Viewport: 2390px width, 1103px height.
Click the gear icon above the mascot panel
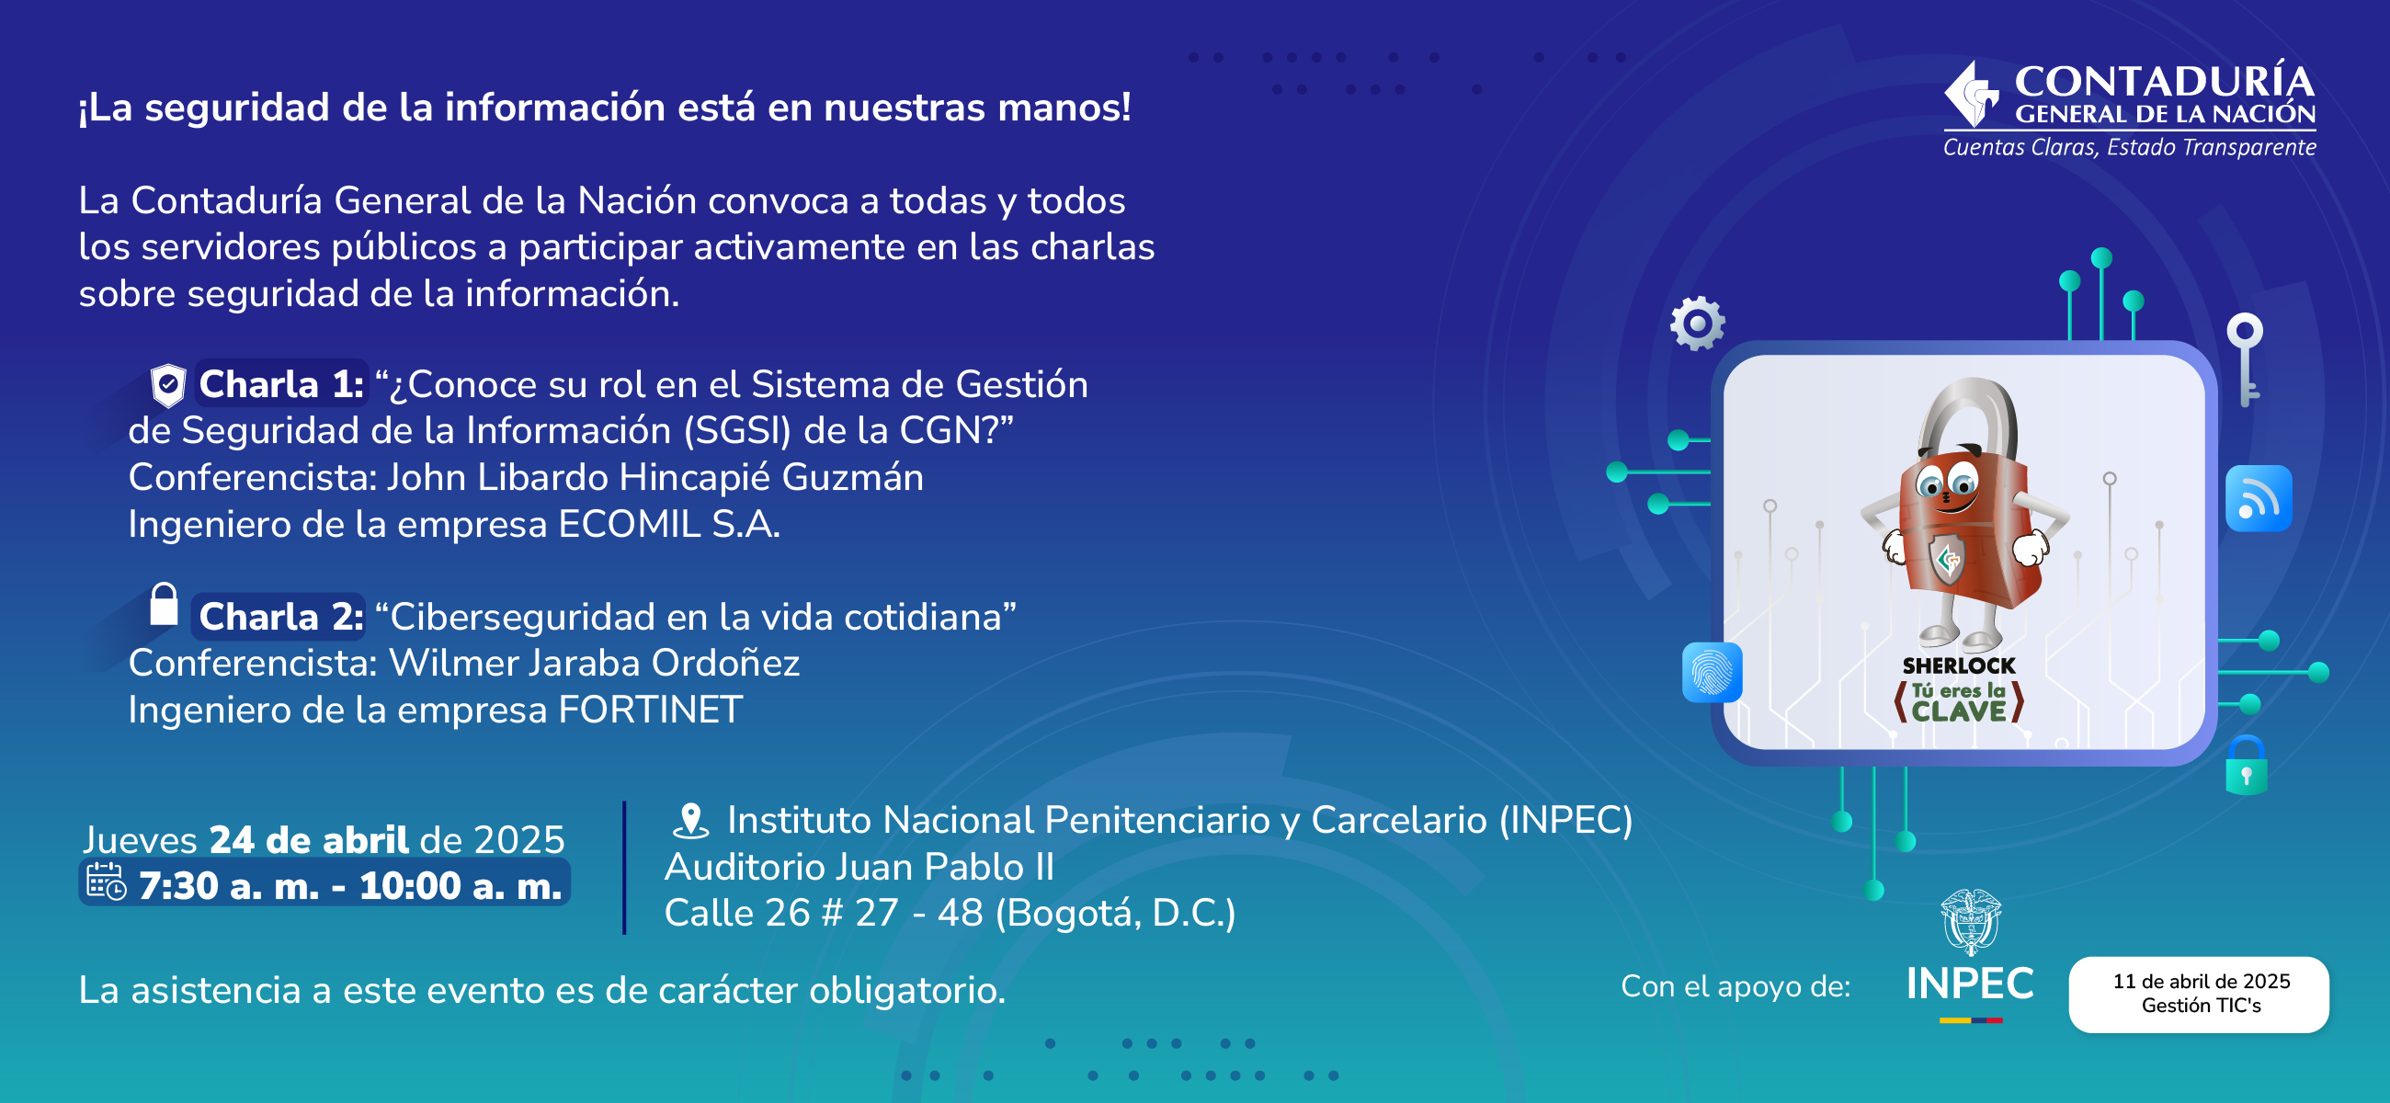1698,323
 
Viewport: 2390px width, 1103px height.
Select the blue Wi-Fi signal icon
2259,498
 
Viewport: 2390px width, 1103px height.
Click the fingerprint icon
1712,673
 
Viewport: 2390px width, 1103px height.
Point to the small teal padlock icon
2247,766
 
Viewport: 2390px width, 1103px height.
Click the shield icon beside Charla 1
168,385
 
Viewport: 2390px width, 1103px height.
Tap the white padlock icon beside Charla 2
165,604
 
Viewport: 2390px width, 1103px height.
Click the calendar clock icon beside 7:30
106,882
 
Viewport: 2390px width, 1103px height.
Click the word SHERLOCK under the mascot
1959,666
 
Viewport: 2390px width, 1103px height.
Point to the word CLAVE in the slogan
1959,711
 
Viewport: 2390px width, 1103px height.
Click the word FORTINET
651,711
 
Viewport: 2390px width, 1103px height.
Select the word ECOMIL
629,525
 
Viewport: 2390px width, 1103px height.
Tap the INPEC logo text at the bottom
1970,984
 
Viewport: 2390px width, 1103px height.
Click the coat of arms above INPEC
1971,922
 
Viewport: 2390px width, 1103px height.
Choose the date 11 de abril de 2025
2202,982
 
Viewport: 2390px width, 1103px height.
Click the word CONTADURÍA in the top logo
2165,82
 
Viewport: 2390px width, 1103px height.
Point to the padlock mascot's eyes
1948,483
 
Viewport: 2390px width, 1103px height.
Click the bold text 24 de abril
309,840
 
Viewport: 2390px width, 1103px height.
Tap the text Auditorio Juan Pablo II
859,868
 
